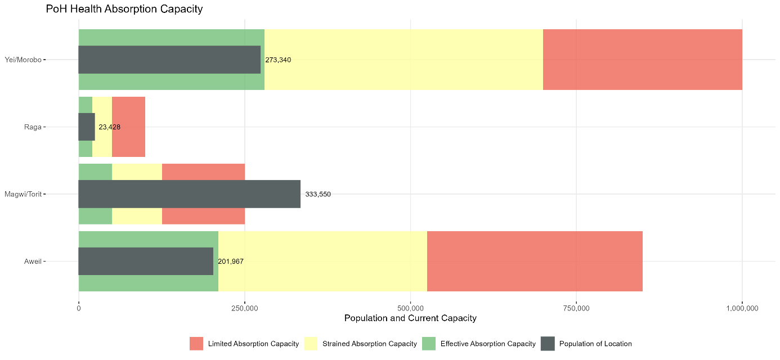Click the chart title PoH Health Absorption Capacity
124,9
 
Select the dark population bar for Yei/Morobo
169,60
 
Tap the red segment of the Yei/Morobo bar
642,60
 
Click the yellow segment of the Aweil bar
322,261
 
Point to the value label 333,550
322,194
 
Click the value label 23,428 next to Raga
109,127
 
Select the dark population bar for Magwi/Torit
189,194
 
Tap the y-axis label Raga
33,127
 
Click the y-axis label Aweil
32,262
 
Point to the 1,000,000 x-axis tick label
742,308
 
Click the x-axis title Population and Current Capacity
410,318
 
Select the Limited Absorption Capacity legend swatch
196,344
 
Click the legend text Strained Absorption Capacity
369,344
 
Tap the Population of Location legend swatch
548,344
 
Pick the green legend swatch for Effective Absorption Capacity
429,344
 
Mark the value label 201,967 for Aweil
231,262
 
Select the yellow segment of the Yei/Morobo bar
403,60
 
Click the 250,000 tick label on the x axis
244,308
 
